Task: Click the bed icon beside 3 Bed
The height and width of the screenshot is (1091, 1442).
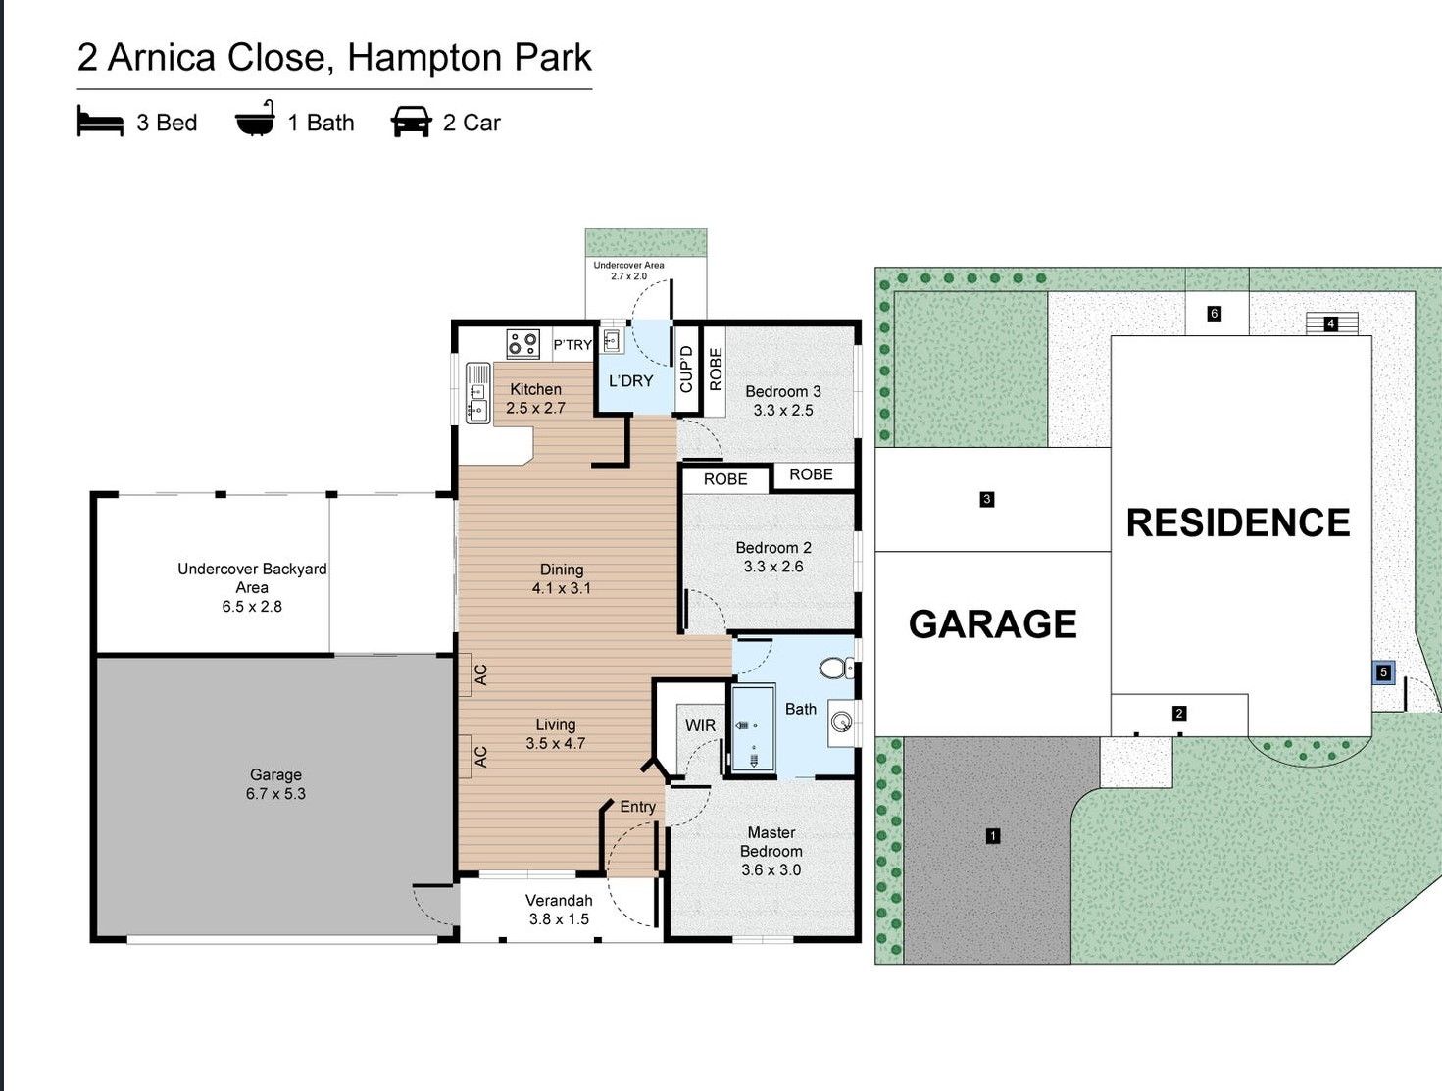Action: pyautogui.click(x=100, y=123)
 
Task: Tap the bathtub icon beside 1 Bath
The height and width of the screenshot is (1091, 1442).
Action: pyautogui.click(x=255, y=121)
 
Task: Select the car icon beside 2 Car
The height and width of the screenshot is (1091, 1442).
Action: pyautogui.click(x=411, y=123)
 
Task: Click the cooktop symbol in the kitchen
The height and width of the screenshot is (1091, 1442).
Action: pyautogui.click(x=522, y=344)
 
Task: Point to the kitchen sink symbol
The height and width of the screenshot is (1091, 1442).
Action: pyautogui.click(x=477, y=392)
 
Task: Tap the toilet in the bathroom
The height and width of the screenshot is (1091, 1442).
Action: pyautogui.click(x=836, y=669)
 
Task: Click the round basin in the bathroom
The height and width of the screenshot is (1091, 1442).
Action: pyautogui.click(x=842, y=723)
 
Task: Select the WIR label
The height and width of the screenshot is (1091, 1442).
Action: pyautogui.click(x=700, y=725)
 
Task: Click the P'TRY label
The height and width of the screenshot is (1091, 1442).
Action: pyautogui.click(x=572, y=345)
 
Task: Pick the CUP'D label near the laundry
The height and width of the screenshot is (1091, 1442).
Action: pyautogui.click(x=686, y=369)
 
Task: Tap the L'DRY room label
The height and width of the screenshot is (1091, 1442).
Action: pyautogui.click(x=630, y=380)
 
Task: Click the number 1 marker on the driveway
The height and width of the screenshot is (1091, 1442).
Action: pyautogui.click(x=993, y=836)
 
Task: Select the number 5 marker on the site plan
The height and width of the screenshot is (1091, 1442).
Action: pyautogui.click(x=1383, y=672)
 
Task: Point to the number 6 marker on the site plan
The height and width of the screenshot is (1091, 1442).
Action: pyautogui.click(x=1215, y=314)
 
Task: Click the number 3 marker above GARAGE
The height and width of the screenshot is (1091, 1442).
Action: pyautogui.click(x=986, y=499)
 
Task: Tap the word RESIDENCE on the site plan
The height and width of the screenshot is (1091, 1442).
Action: pyautogui.click(x=1238, y=522)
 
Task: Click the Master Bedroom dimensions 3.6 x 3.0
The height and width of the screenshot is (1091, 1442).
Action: pyautogui.click(x=771, y=869)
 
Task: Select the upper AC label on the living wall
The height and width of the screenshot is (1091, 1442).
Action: pyautogui.click(x=480, y=674)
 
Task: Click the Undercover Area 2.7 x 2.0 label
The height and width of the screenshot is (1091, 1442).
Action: pyautogui.click(x=628, y=271)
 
